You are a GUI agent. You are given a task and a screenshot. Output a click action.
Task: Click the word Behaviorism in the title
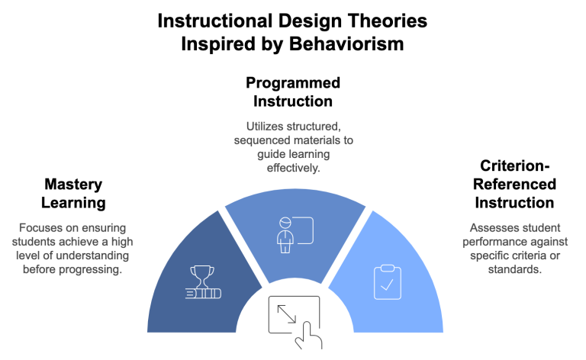tap(347, 44)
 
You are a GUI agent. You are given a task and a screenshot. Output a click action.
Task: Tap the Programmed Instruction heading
tap(292, 92)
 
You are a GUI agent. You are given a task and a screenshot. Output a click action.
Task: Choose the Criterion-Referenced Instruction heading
tap(515, 185)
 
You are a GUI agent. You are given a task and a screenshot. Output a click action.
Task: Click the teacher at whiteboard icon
tap(293, 230)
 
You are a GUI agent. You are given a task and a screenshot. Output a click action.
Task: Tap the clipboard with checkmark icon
tap(385, 281)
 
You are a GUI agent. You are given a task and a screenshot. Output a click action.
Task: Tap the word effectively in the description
tap(294, 166)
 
